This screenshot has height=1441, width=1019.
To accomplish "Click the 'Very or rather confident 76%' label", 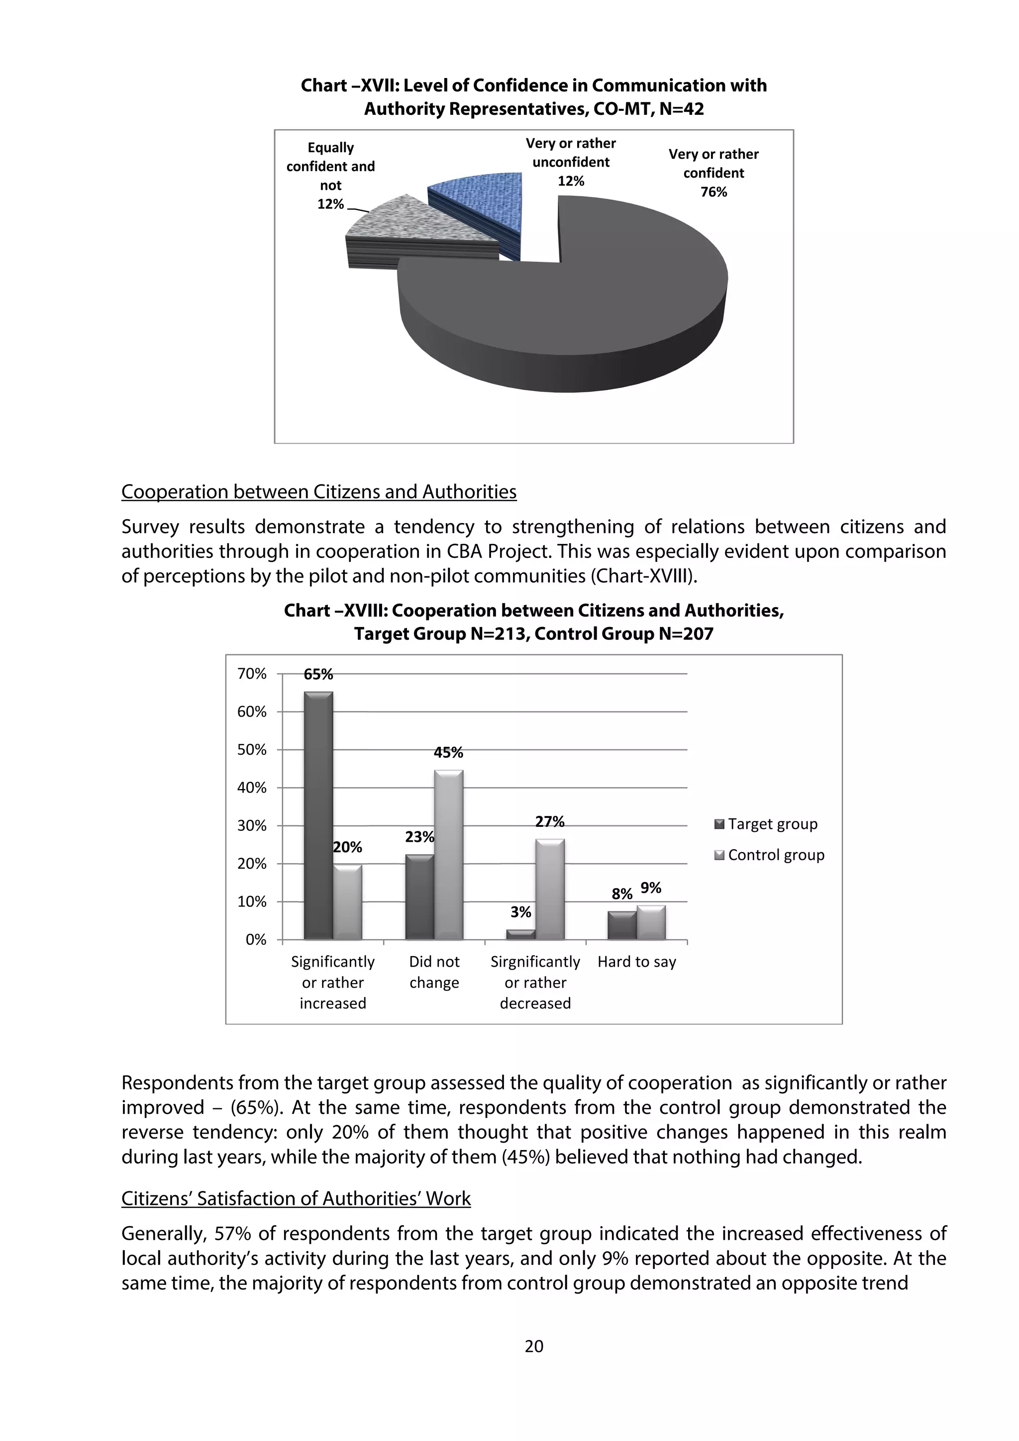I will [713, 173].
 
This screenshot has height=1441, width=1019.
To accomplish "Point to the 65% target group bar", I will [318, 816].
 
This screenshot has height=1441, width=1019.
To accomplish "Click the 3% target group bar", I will [520, 934].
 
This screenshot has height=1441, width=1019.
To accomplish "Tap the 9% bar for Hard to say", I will [651, 922].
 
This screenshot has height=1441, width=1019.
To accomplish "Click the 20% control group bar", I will [347, 902].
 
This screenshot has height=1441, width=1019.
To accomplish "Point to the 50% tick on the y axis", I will [252, 750].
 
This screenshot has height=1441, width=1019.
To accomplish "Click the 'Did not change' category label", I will [434, 972].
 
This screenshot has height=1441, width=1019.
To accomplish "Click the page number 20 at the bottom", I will [534, 1346].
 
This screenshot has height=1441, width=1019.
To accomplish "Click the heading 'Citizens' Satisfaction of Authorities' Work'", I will [296, 1198].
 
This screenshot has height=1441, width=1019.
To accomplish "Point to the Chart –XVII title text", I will [534, 96].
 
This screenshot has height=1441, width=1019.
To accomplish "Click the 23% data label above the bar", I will [419, 837].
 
